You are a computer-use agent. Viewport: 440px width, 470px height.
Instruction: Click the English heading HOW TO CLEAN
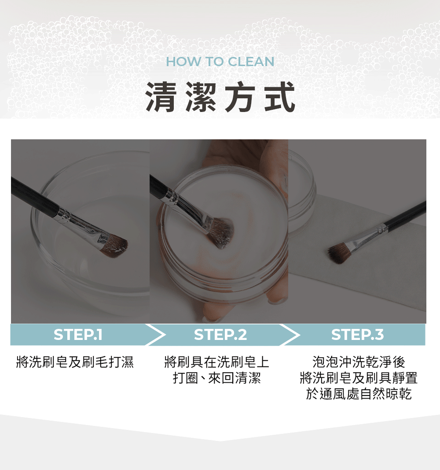(x=220, y=61)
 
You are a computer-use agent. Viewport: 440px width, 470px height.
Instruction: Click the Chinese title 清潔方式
(x=220, y=97)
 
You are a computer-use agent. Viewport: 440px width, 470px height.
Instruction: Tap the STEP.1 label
(x=78, y=335)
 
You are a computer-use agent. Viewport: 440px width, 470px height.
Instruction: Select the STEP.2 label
(x=220, y=335)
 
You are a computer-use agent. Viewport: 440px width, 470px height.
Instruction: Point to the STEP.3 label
(x=357, y=335)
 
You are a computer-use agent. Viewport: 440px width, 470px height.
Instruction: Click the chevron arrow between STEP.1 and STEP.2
(x=155, y=335)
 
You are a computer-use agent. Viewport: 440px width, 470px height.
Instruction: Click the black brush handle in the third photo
(x=407, y=214)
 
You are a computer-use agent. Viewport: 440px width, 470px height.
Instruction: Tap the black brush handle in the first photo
(x=33, y=194)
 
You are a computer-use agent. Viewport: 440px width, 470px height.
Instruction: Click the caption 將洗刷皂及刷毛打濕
(x=74, y=362)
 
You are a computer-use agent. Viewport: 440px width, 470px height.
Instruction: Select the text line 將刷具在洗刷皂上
(x=216, y=362)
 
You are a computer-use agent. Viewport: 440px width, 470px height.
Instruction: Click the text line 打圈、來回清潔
(x=216, y=378)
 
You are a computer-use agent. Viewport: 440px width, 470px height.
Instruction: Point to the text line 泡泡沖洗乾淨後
(x=358, y=362)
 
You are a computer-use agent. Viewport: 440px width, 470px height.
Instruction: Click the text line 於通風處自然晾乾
(x=358, y=394)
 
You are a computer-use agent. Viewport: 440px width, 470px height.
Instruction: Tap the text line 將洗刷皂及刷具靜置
(x=358, y=378)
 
